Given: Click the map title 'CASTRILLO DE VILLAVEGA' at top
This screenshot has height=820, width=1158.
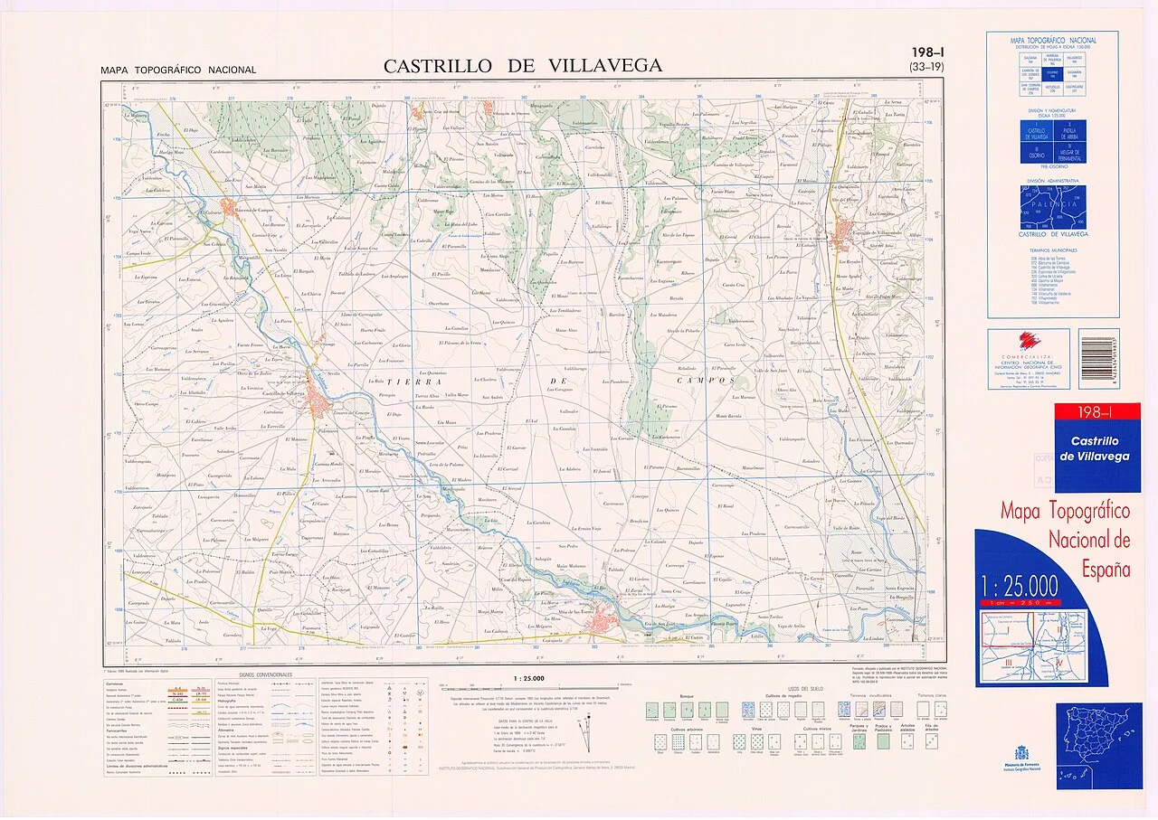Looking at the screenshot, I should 522,66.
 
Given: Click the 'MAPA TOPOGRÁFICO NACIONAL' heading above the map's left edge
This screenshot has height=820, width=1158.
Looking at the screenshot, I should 179,71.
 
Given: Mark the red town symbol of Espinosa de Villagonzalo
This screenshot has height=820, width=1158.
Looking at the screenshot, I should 851,230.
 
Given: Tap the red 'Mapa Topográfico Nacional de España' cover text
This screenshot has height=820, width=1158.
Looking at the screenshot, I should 1065,540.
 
